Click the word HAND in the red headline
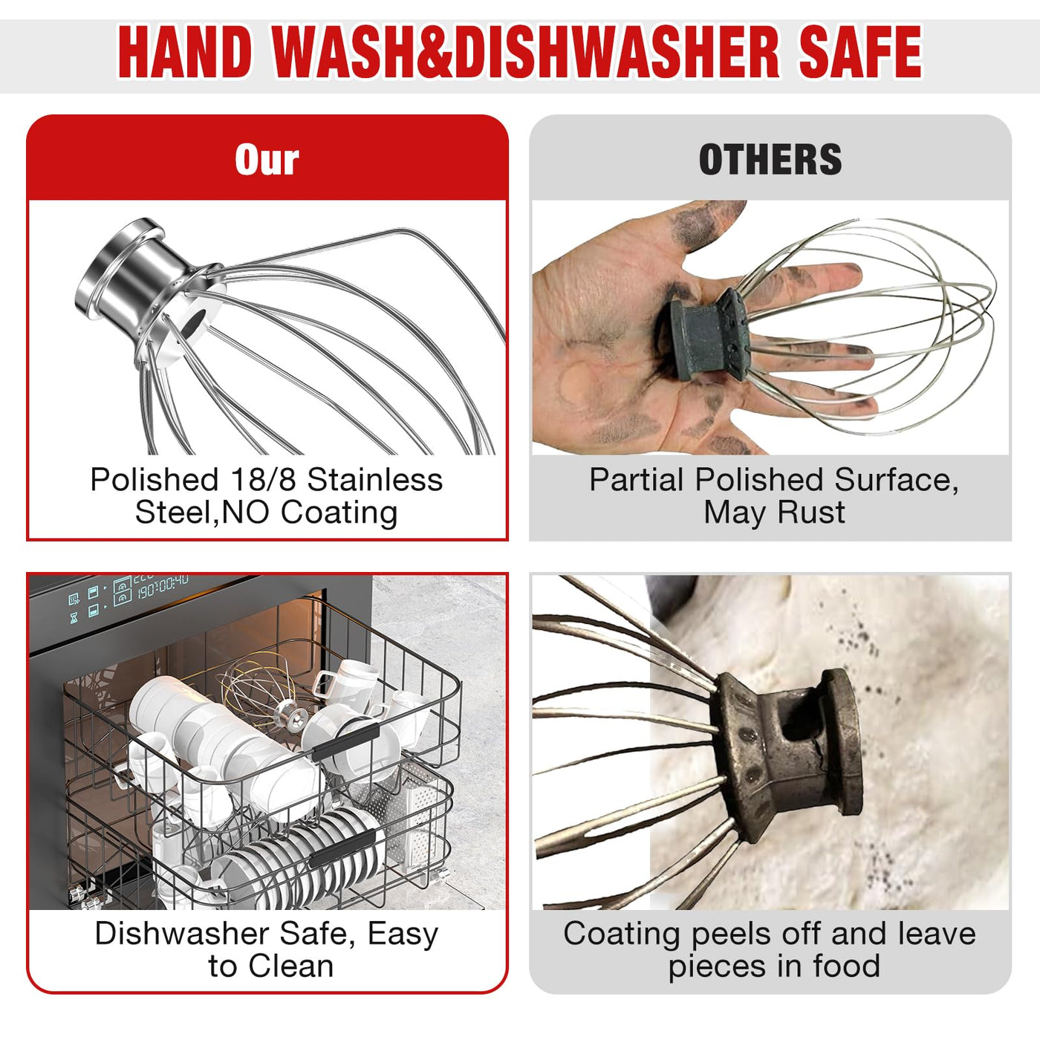[185, 52]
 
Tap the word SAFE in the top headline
[860, 52]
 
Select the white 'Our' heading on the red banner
[267, 160]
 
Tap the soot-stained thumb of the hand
[696, 224]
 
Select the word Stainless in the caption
[375, 479]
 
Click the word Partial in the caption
[637, 479]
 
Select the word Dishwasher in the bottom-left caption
[182, 935]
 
